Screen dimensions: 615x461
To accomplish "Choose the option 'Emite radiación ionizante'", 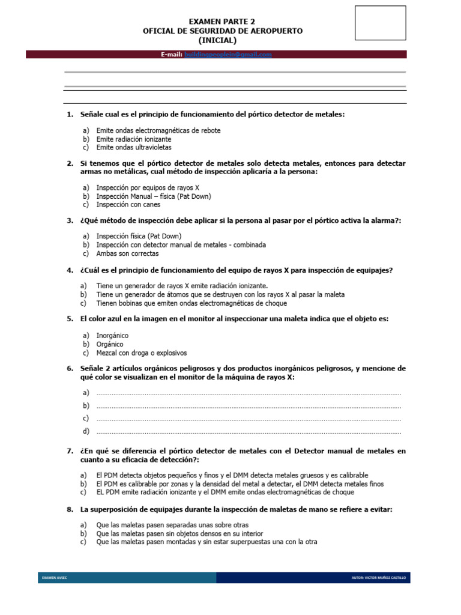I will tap(129, 139).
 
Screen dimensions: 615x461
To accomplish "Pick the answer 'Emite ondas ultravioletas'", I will tap(134, 147).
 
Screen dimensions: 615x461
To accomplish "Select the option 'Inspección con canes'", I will tap(128, 204).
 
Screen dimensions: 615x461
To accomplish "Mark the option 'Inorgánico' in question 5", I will tap(112, 336).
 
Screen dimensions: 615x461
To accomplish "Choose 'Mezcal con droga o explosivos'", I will tap(141, 353).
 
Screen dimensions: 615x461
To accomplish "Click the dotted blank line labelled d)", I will tap(249, 432).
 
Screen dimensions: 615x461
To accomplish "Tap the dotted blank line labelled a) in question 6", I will tap(249, 393).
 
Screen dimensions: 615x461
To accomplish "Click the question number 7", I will tap(70, 450).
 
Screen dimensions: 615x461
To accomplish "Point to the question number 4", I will tap(70, 270).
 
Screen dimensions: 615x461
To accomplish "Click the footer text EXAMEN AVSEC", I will tap(55, 578).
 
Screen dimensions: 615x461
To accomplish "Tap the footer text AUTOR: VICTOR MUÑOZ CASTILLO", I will tap(378, 578).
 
